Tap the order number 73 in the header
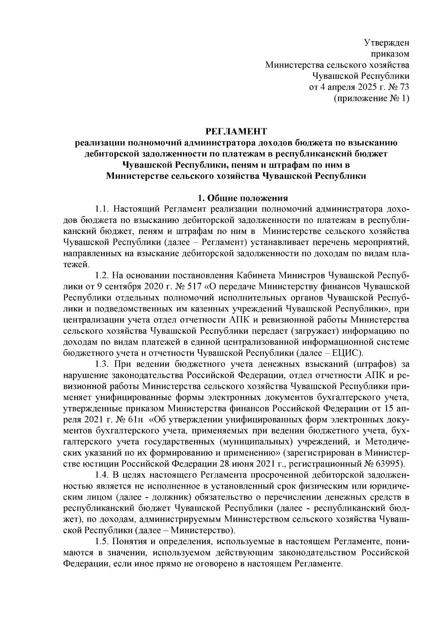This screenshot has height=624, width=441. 404,88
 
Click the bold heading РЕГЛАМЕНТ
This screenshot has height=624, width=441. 235,131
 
